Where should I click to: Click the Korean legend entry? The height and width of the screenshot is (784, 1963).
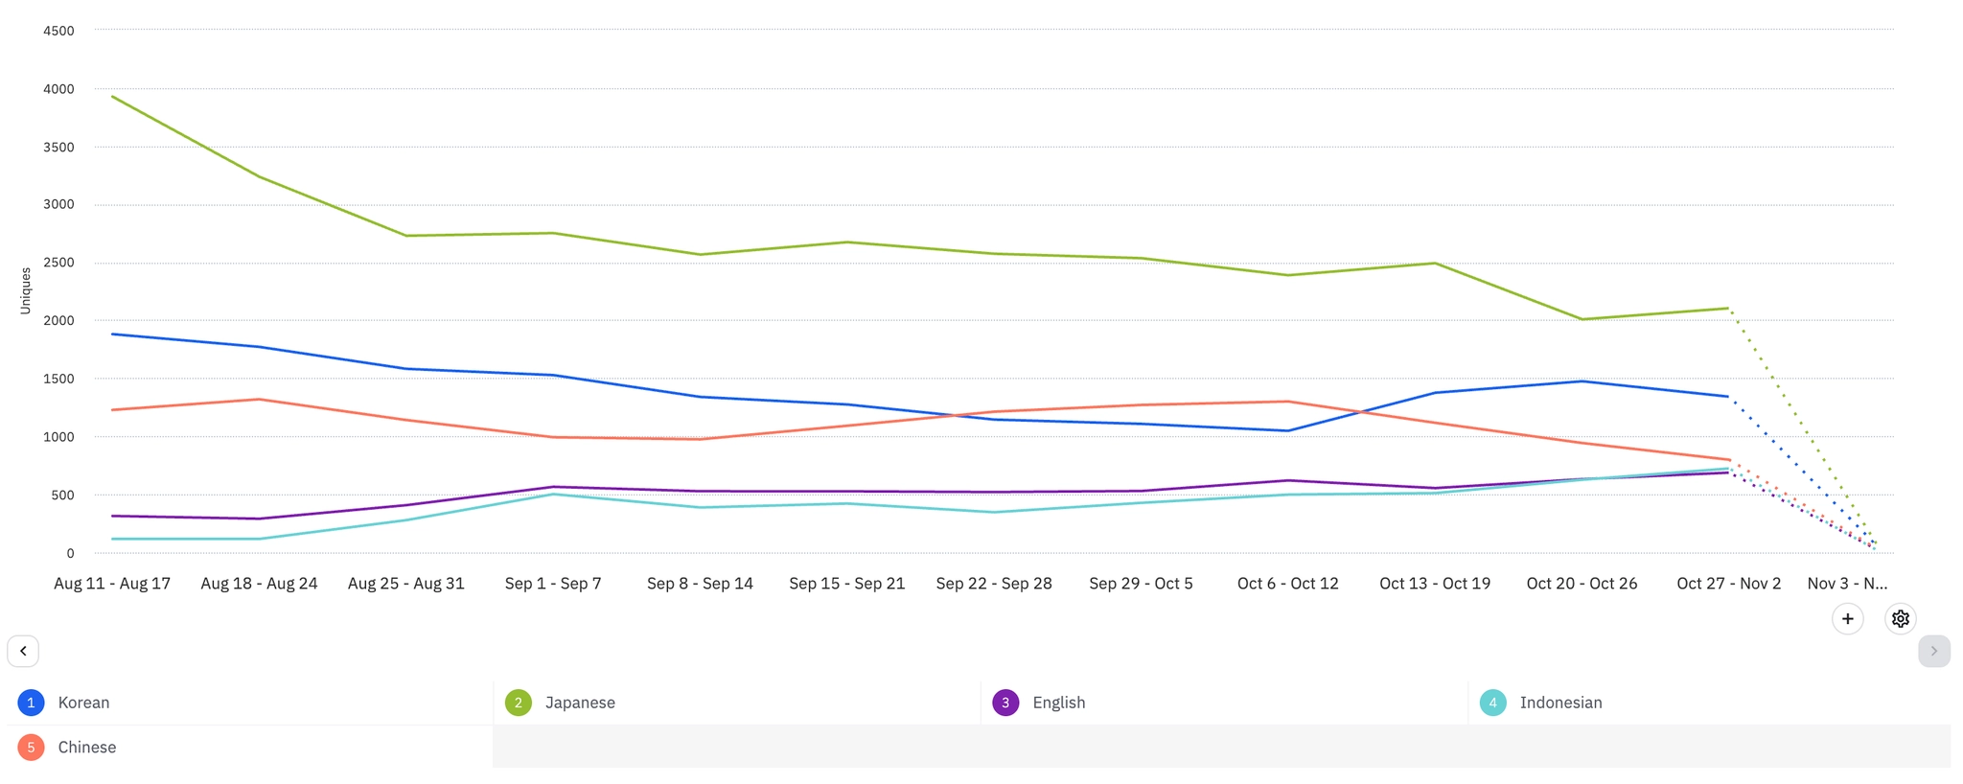pos(83,703)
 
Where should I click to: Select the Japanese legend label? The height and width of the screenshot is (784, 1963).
pos(580,703)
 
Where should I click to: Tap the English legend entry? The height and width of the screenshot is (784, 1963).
pos(1058,703)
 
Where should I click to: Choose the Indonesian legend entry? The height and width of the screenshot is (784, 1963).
pos(1560,703)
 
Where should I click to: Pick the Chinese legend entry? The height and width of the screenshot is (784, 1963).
pos(86,748)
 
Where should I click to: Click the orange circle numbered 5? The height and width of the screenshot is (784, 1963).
pos(31,748)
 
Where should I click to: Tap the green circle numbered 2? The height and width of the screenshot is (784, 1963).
pos(519,703)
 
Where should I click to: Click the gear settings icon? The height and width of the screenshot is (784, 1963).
pos(1900,619)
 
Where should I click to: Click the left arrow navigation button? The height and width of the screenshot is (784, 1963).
pos(23,651)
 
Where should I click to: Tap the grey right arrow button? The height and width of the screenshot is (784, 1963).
pos(1933,651)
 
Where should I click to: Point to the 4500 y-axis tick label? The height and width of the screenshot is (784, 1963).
pos(58,31)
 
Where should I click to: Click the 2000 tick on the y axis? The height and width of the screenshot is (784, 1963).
pos(58,321)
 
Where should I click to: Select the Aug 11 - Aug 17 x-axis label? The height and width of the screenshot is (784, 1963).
pos(112,584)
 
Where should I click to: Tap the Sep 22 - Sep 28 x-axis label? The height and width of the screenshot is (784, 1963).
pos(994,584)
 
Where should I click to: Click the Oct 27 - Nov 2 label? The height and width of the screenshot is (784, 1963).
pos(1728,584)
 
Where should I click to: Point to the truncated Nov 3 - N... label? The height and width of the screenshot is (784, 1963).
pos(1847,584)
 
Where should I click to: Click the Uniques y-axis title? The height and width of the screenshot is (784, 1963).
pos(26,290)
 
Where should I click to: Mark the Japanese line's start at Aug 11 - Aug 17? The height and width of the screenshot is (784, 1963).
pos(112,96)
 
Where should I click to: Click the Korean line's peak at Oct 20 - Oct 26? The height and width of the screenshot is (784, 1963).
pos(1582,381)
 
